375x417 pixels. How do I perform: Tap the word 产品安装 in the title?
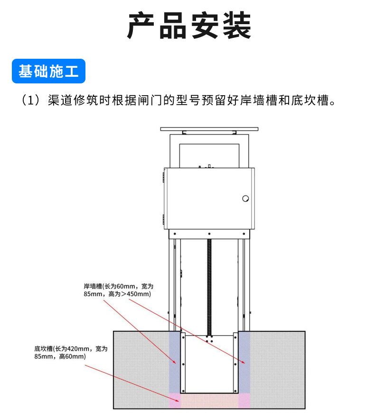coord(188,26)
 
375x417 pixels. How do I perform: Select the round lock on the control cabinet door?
coord(245,199)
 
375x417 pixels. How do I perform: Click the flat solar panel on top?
coord(209,129)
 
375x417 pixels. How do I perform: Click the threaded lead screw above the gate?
coord(208,284)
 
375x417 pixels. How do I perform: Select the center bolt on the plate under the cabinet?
coord(209,233)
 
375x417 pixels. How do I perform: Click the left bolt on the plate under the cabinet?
coord(175,233)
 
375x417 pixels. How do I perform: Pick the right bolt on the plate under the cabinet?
coord(243,233)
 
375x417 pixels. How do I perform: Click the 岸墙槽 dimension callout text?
coord(119,290)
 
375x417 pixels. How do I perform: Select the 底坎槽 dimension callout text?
coord(71,352)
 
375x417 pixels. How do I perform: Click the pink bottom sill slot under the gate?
coord(209,401)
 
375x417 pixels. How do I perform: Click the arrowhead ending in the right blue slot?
coord(244,363)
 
